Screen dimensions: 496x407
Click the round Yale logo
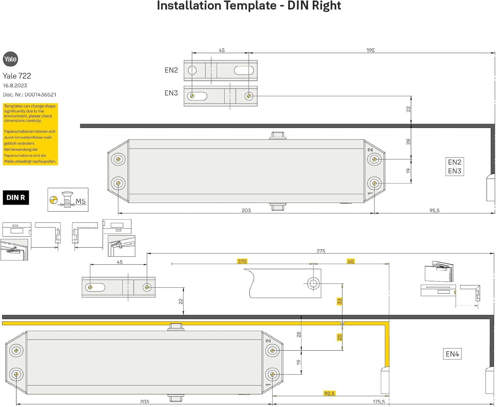10,59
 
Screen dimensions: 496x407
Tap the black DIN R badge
16,198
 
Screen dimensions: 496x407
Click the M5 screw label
80,202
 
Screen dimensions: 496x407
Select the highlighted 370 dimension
242,261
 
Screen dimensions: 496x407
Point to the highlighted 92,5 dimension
329,393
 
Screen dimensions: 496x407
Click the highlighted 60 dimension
351,261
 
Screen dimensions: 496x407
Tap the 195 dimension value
370,50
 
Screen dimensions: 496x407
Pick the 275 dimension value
321,251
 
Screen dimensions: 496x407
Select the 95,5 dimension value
434,210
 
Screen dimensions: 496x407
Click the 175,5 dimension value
379,402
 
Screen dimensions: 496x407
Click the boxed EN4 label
452,354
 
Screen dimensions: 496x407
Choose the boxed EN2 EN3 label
455,167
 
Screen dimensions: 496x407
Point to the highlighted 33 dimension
339,301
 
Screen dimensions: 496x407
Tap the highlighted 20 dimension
339,338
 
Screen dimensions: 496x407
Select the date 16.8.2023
15,85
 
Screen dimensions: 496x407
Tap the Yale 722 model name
17,76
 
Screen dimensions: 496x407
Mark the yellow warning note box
30,134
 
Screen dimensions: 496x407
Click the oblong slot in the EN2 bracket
244,70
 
